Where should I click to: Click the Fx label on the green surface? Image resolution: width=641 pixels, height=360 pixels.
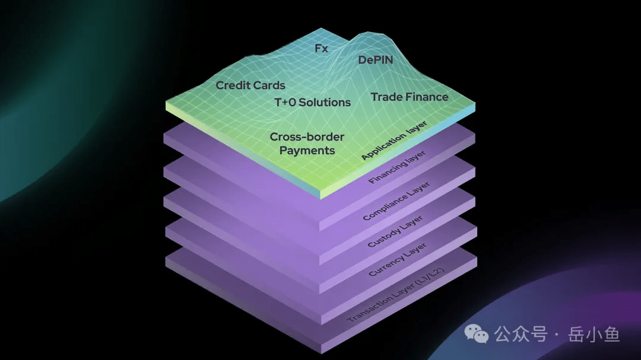point(321,49)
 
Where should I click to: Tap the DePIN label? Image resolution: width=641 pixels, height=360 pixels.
point(376,60)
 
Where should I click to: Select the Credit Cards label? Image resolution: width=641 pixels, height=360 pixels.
point(250,85)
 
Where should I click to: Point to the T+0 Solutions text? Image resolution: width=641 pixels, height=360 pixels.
point(312,102)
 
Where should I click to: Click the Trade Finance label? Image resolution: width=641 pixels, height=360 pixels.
point(410,97)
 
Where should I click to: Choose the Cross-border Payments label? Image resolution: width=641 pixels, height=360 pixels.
point(307,144)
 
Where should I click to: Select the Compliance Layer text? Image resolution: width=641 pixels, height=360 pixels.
point(396,202)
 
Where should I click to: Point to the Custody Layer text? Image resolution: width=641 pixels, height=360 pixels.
point(395,232)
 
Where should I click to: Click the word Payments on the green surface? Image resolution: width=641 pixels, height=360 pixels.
point(307,151)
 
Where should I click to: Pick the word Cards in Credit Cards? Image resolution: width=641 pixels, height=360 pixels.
point(270,85)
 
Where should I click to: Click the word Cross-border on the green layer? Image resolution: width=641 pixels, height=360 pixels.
point(307,137)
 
